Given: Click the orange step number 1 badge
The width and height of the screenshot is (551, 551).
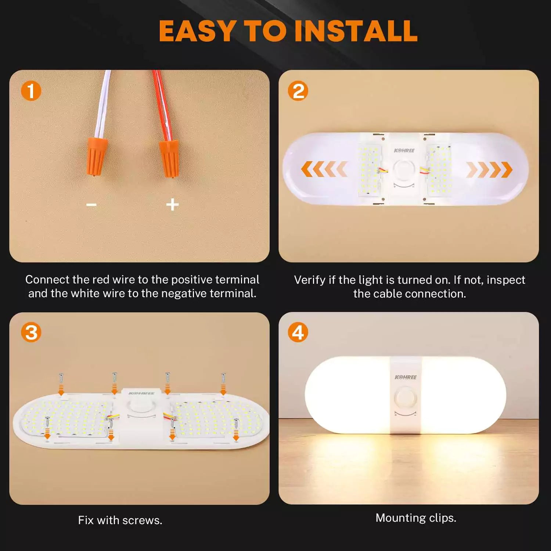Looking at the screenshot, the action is pos(31,91).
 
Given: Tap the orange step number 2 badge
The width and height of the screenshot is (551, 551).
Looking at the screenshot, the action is pos(298,91).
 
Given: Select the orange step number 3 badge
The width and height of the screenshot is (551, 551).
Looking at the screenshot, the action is pos(31,332).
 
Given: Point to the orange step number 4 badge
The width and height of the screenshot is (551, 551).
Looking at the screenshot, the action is pos(298,332).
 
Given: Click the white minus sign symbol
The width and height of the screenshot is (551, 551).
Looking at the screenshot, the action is pos(91,205).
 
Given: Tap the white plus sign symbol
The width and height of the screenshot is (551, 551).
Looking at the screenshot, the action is pos(172,205).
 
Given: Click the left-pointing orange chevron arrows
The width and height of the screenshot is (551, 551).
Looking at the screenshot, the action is pos(324,169).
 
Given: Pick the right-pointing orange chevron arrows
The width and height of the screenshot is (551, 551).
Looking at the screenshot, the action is pos(489,169).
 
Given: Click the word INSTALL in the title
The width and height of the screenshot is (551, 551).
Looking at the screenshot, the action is pos(356,31).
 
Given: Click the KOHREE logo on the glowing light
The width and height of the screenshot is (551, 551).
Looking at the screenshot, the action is pos(406,377).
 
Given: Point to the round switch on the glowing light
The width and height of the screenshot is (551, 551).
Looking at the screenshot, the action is pos(405,398).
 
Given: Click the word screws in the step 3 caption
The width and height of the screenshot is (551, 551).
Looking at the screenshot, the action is pos(142,520).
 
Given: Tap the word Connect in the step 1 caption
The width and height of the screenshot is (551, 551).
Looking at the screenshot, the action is pos(47,280).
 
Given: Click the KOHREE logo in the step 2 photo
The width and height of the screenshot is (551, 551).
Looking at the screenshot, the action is pos(404,151).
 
